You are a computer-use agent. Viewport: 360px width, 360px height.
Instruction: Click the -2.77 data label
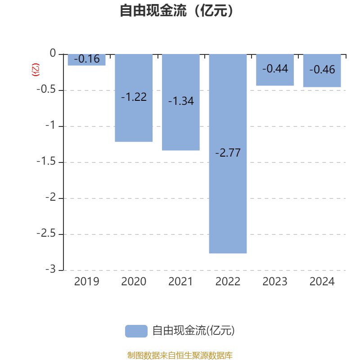coord(228,153)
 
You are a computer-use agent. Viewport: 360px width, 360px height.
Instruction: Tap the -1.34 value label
coord(181,101)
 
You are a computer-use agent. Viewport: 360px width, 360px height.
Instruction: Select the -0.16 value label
coord(87,59)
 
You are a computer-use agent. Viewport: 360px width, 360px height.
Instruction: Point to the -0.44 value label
coord(275,69)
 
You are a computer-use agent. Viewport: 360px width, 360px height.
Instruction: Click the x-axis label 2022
coord(228,282)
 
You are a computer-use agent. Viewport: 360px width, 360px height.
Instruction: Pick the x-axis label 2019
coord(87,282)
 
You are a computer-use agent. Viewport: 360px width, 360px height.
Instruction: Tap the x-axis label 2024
coord(322,282)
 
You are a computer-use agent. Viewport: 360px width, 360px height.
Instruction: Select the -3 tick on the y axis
coord(52,270)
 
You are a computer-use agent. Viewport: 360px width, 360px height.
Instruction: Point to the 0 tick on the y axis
coord(54,54)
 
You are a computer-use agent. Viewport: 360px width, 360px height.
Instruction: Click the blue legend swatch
coord(136,331)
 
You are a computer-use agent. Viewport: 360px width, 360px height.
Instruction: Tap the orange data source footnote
coord(180,355)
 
